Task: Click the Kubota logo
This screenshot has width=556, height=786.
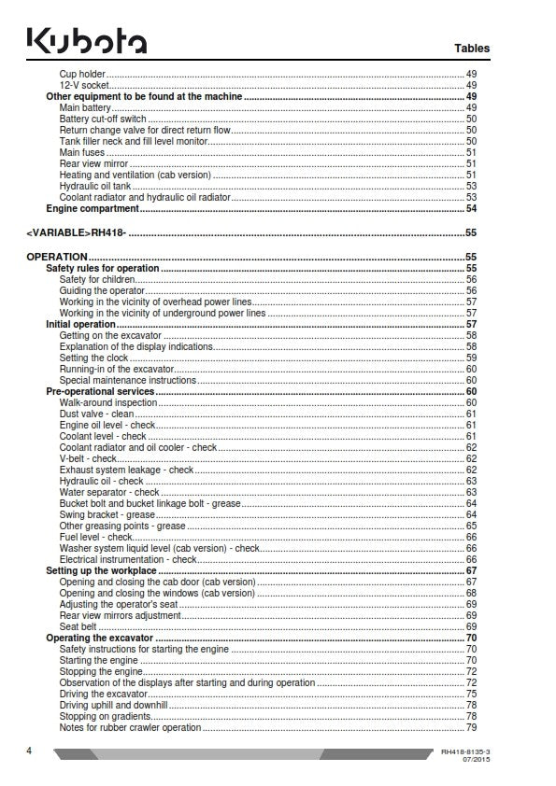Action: click(86, 42)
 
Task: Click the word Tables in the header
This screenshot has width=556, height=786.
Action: click(472, 48)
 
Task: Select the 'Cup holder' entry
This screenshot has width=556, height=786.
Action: click(82, 74)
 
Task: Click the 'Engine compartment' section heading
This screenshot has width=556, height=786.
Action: click(92, 208)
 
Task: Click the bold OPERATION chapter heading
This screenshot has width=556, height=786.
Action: click(57, 257)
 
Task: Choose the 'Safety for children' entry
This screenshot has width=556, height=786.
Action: click(97, 279)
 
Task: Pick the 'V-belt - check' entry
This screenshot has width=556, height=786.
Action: click(89, 458)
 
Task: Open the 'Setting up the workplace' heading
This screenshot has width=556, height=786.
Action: click(101, 570)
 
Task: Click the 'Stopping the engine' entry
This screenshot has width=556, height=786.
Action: click(100, 671)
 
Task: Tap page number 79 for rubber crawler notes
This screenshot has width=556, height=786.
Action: click(472, 727)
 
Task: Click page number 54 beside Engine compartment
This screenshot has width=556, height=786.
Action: click(472, 208)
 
